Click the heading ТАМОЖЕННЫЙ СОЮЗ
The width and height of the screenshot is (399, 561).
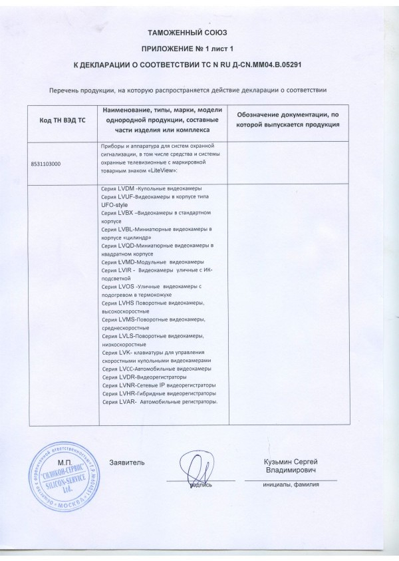click(x=199, y=33)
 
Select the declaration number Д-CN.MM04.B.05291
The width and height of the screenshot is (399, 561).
click(x=274, y=65)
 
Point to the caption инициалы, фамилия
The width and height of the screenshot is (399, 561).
click(x=291, y=484)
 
